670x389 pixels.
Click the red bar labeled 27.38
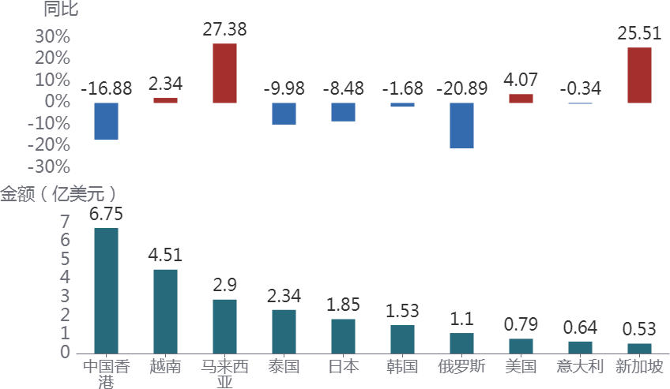pos(224,73)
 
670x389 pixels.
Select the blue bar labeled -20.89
pos(461,125)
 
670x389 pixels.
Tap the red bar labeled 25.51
pos(639,75)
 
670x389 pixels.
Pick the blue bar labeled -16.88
pos(106,121)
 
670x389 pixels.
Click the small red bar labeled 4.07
pos(521,99)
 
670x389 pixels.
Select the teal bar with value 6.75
pos(106,290)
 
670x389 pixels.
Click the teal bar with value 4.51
pos(165,311)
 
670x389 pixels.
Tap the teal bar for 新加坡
pos(639,348)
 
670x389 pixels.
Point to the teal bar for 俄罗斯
pos(461,342)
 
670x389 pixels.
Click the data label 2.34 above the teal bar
pos(284,295)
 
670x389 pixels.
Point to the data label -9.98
pos(284,88)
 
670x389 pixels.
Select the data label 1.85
pos(343,305)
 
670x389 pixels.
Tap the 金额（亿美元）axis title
pos(59,193)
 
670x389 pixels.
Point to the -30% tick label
pos(49,166)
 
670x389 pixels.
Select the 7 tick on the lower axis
pos(65,222)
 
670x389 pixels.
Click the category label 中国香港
pos(106,373)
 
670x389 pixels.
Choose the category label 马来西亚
pos(224,373)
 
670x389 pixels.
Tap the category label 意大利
pos(580,366)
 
